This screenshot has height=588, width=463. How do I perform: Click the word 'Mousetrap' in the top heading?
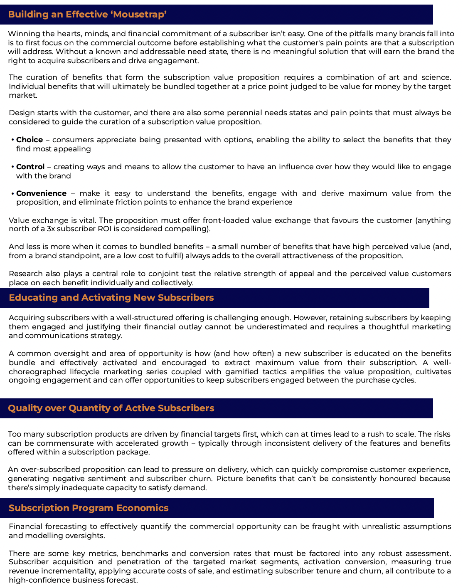point(140,15)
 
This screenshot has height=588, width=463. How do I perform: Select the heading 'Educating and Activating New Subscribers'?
point(111,298)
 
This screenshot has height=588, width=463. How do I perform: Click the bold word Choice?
point(30,140)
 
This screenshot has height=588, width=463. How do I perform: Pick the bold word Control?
point(30,167)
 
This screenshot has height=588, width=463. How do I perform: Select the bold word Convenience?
point(41,193)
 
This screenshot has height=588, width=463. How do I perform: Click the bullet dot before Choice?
point(12,140)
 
